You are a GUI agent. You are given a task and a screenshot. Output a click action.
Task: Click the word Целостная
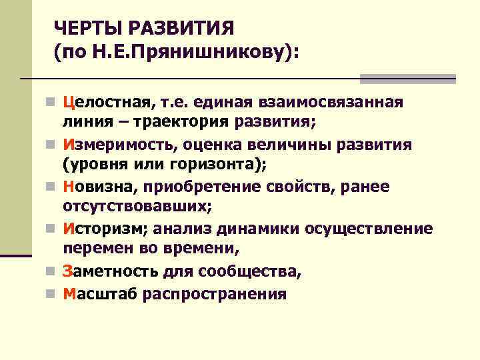tap(106, 103)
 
